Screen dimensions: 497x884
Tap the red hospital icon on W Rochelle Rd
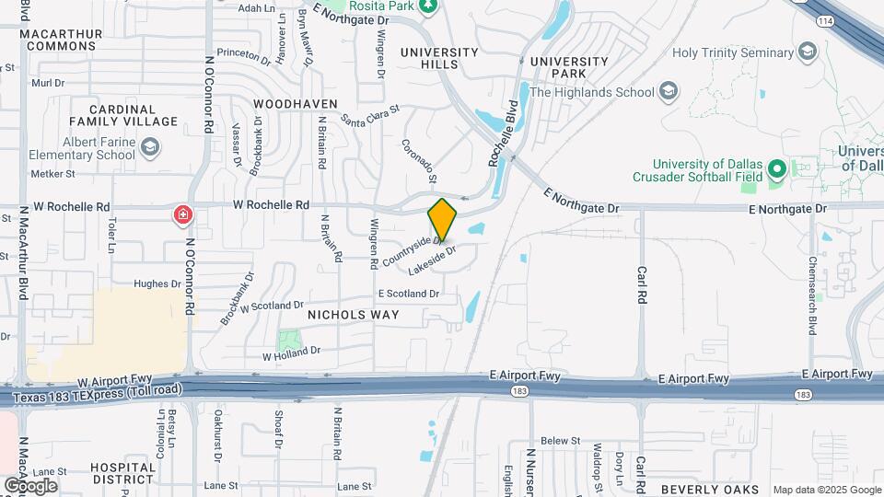click(x=183, y=215)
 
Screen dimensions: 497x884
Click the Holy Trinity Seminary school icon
click(x=808, y=50)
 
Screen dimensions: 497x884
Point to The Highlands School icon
click(x=669, y=91)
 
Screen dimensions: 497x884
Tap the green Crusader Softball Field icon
click(x=775, y=169)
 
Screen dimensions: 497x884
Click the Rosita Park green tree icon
click(x=426, y=6)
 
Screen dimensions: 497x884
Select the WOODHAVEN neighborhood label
click(x=296, y=104)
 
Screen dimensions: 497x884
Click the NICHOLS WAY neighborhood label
click(x=354, y=315)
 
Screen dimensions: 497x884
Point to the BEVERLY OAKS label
click(x=709, y=489)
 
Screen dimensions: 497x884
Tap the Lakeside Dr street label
click(x=432, y=257)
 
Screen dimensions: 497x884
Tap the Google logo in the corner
click(x=29, y=486)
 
